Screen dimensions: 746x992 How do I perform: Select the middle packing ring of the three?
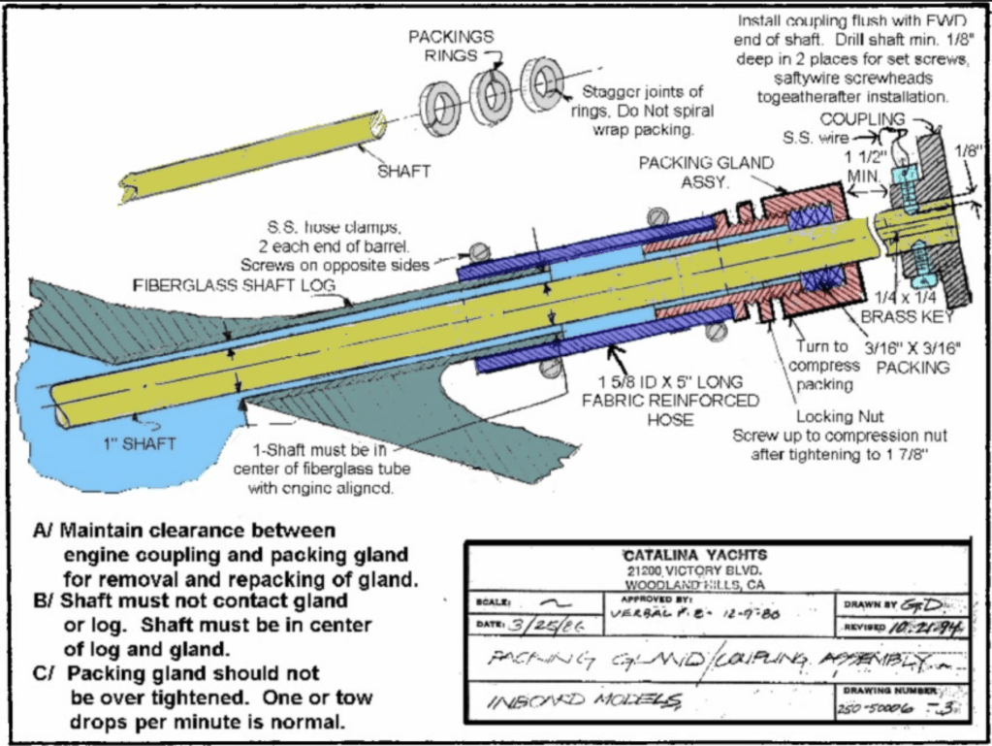491,92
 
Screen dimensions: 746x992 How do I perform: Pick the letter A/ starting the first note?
43,531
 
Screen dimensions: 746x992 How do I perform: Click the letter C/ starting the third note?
43,672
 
